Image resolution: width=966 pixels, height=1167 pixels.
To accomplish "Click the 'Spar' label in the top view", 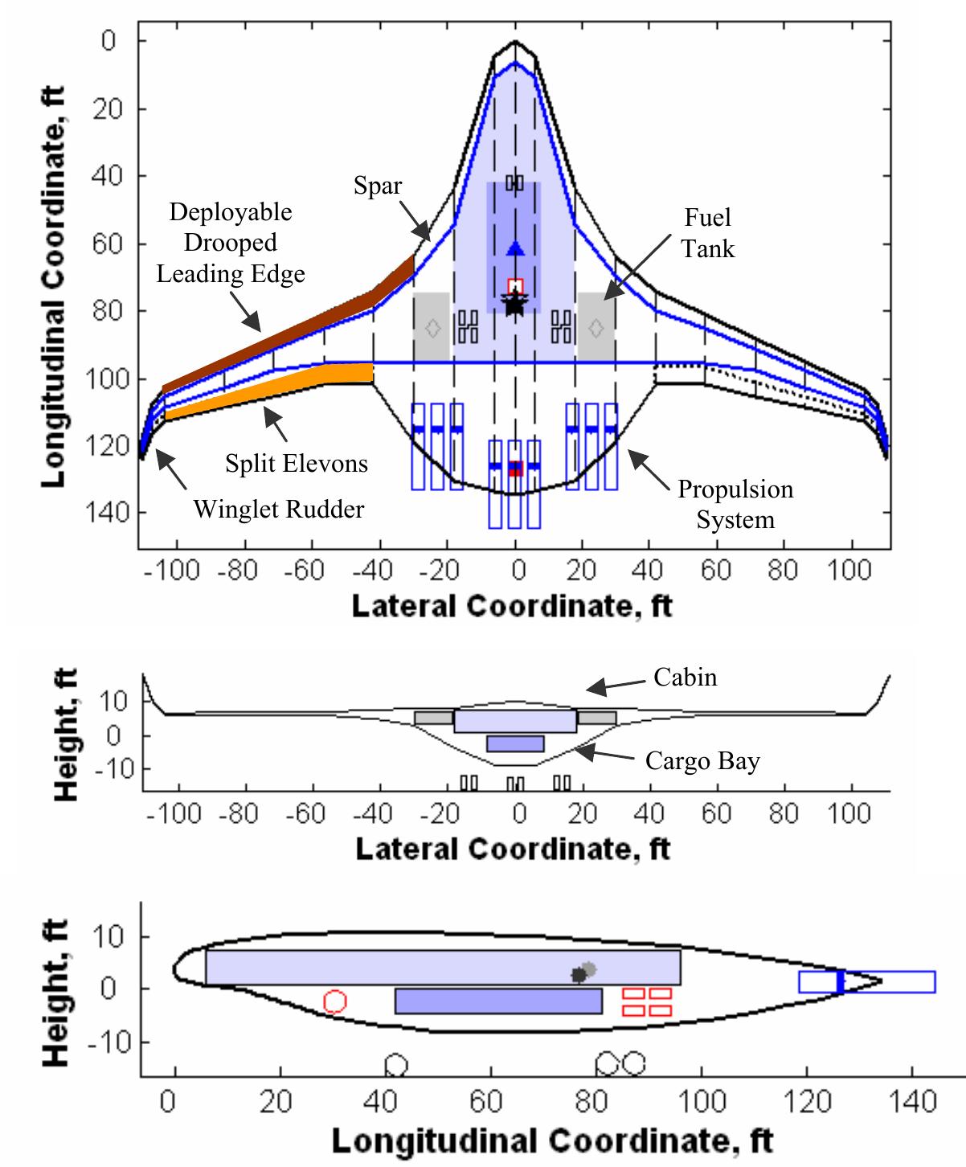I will click(x=378, y=186).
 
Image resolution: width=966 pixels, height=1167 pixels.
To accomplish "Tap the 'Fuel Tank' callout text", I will click(x=708, y=232).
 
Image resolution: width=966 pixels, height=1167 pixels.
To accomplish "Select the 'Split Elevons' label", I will click(x=297, y=464).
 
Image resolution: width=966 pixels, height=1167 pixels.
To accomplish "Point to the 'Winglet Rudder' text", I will click(x=279, y=509).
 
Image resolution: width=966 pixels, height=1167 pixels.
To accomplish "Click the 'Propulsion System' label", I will click(x=735, y=504).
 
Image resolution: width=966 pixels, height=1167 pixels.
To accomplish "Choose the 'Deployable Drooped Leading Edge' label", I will click(x=231, y=243).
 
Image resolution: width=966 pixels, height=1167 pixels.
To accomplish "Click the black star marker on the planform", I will click(x=515, y=304).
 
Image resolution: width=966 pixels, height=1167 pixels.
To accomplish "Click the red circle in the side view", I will click(x=335, y=1001).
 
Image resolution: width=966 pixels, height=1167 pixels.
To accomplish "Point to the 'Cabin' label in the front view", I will click(x=685, y=678).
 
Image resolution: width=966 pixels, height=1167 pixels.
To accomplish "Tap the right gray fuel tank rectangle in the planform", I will click(x=596, y=327).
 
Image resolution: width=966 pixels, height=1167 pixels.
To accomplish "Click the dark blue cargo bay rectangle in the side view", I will click(x=498, y=1001).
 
